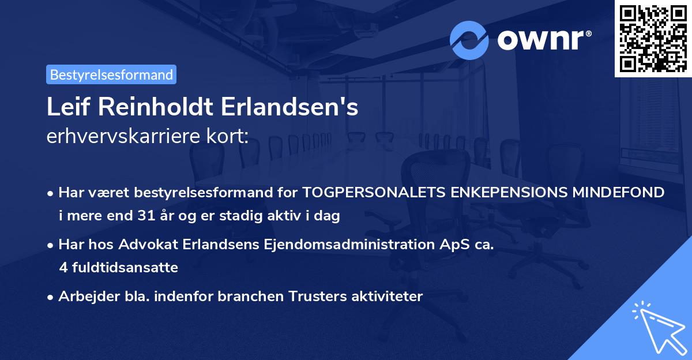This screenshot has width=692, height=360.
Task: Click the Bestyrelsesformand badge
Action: (x=111, y=74)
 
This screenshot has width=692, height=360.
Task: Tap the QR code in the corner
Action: (x=653, y=38)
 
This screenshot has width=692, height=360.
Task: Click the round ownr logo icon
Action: (x=469, y=40)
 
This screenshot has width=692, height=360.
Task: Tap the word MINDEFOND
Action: (x=618, y=192)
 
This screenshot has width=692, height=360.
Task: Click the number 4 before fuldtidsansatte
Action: (x=63, y=268)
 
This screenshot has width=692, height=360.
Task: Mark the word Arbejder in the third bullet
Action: (x=85, y=297)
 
